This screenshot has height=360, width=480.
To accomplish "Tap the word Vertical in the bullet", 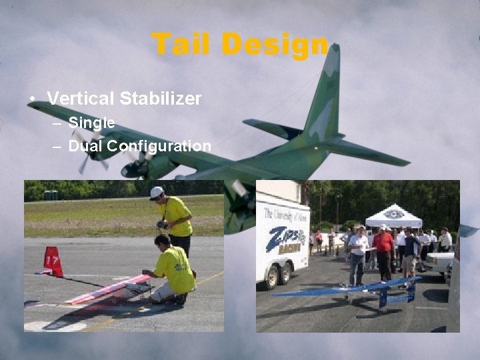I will click(81, 99).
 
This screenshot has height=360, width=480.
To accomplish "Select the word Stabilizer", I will click(161, 99).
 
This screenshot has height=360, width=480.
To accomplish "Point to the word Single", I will click(91, 123).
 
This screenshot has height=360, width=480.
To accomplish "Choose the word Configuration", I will click(159, 146).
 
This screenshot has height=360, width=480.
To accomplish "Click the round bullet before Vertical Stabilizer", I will click(32, 99).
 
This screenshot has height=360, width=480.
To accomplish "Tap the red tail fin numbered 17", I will click(53, 261).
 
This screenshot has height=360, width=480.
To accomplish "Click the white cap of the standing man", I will click(156, 192).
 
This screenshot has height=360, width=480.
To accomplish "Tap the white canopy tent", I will click(393, 216).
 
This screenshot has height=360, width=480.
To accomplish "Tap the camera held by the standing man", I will click(162, 224).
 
